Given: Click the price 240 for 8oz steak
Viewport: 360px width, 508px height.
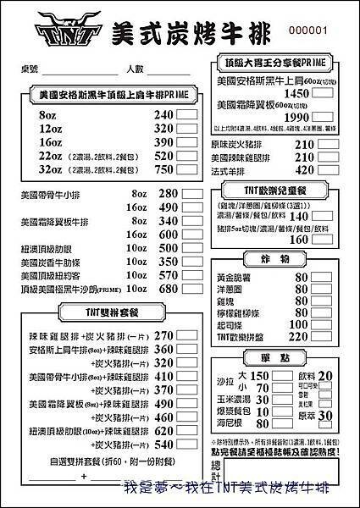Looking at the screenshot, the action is pyautogui.click(x=163, y=114).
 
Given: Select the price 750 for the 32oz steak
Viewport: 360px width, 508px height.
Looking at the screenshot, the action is pyautogui.click(x=163, y=168).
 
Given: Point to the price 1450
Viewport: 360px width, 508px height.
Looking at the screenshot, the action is pyautogui.click(x=298, y=94).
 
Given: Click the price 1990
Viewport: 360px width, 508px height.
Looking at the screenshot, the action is pyautogui.click(x=298, y=117).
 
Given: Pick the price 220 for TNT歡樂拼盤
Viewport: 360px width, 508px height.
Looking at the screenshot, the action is pyautogui.click(x=299, y=335).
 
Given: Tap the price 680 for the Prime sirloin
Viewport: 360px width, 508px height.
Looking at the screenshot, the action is pyautogui.click(x=169, y=289).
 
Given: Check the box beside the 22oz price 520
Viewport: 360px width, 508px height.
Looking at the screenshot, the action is pyautogui.click(x=188, y=155).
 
